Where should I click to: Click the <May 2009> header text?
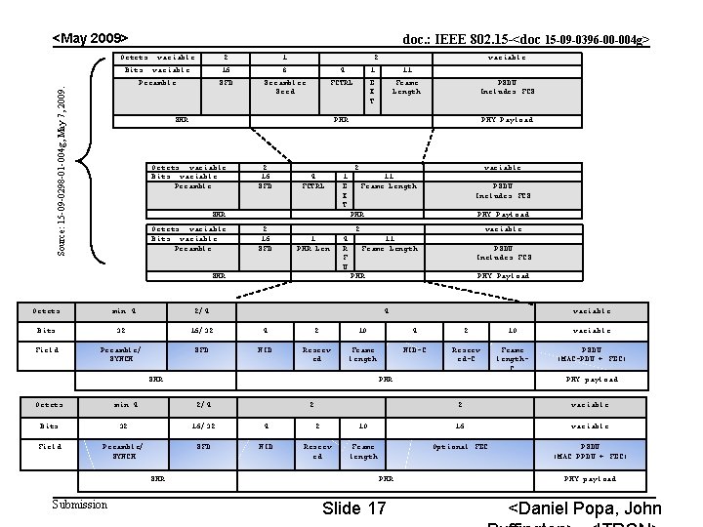90,38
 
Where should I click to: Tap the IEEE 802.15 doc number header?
526,41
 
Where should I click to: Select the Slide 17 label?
353,508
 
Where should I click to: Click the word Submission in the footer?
80,505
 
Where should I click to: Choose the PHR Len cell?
312,248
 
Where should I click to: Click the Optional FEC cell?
460,446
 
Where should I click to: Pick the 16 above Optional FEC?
460,426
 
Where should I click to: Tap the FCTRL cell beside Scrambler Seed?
341,83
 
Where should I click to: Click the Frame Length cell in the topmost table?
406,87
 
